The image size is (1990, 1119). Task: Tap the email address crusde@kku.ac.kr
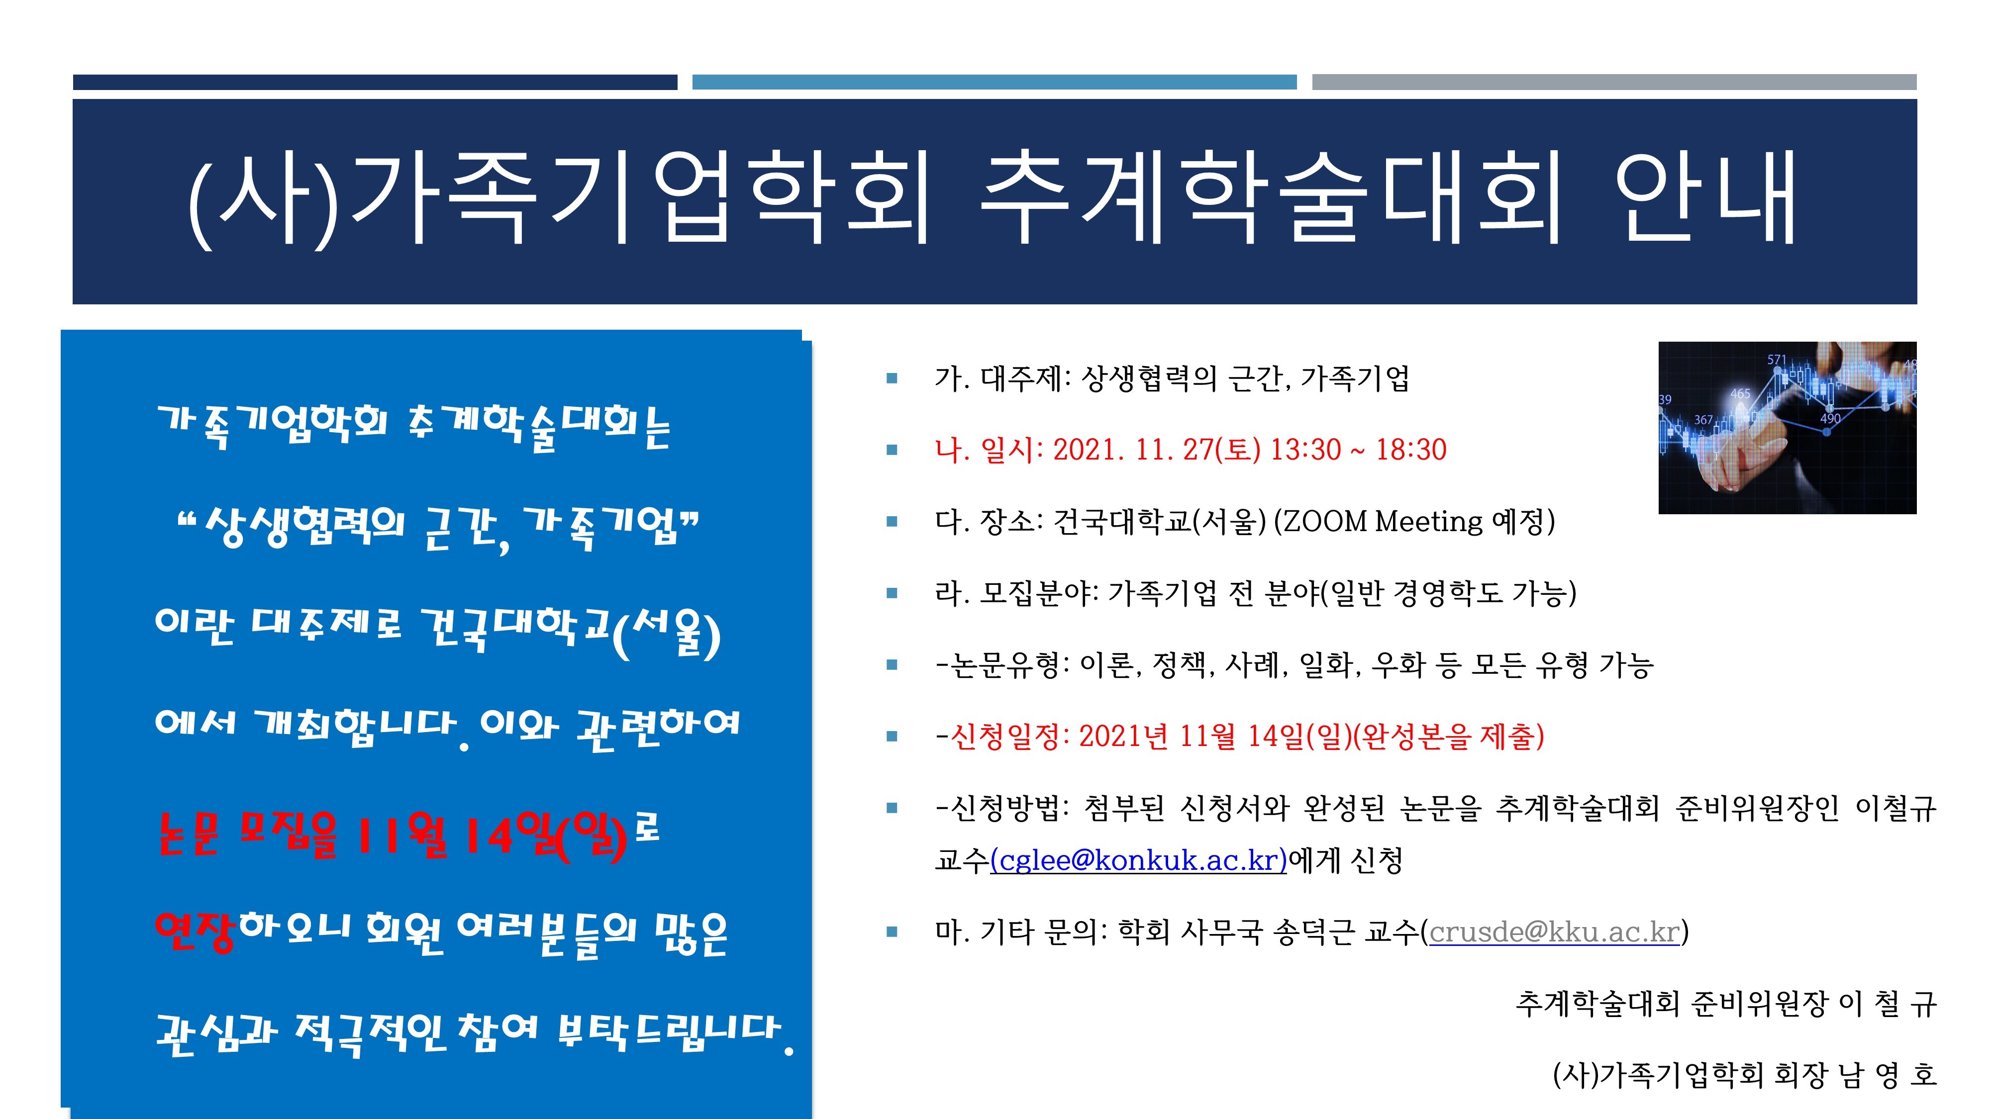click(1554, 932)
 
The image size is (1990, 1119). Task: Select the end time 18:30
click(1411, 450)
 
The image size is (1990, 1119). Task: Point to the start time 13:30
click(1305, 450)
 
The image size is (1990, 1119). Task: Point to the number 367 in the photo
click(1703, 419)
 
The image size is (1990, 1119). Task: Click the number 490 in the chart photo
click(1830, 419)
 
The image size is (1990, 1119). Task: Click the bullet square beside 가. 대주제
click(892, 378)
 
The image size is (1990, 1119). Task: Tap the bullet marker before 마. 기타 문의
click(892, 932)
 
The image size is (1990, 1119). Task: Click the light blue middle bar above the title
click(994, 82)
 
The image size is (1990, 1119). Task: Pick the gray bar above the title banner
click(1614, 82)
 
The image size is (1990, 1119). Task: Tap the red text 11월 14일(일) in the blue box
click(492, 836)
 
